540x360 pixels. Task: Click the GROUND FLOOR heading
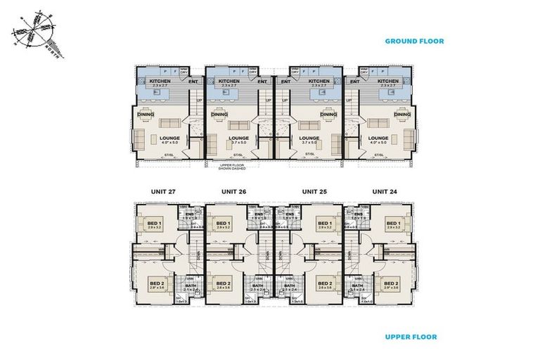point(414,41)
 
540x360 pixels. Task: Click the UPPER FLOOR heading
point(411,337)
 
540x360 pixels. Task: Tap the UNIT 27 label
point(162,191)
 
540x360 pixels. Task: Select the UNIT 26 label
point(233,191)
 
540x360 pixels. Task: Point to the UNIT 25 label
point(314,191)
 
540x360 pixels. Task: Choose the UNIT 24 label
point(383,191)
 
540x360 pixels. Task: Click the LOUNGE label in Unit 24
point(378,138)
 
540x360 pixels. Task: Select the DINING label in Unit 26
point(219,115)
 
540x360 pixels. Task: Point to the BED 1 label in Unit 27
point(155,222)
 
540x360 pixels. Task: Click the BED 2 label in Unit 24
point(392,283)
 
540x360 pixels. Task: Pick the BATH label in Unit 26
point(257,285)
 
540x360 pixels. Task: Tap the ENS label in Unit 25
point(289,214)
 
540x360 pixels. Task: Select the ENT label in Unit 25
point(285,82)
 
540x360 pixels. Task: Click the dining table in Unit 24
point(388,115)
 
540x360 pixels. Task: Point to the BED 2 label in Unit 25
point(325,283)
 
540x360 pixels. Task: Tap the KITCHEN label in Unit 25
point(319,82)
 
